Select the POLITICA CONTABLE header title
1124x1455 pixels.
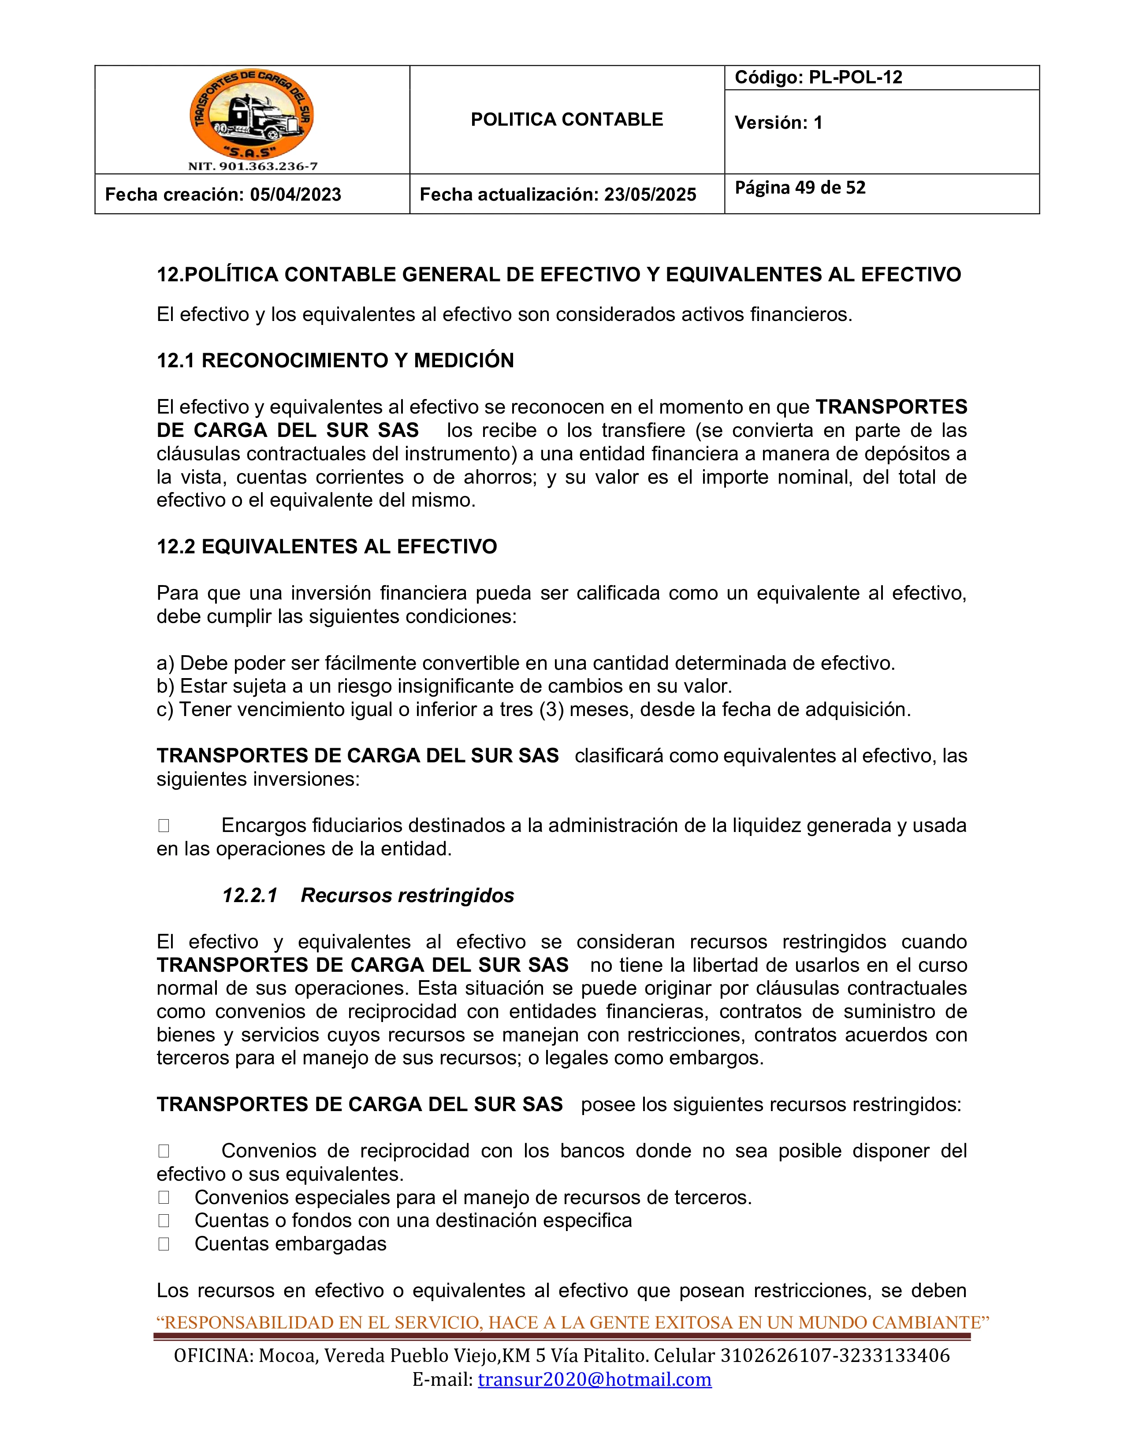tap(567, 120)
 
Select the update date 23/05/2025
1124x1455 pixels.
tap(650, 194)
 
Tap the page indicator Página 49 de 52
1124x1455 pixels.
tap(800, 188)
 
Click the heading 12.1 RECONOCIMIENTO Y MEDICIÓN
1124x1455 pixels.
tap(335, 360)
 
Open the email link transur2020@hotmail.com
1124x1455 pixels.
tap(595, 1379)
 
